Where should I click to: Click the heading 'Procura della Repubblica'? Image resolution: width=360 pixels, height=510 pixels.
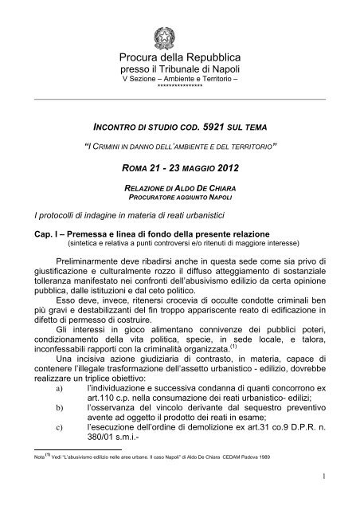[179, 60]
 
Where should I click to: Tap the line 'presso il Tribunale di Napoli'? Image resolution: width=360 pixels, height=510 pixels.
[179, 73]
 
